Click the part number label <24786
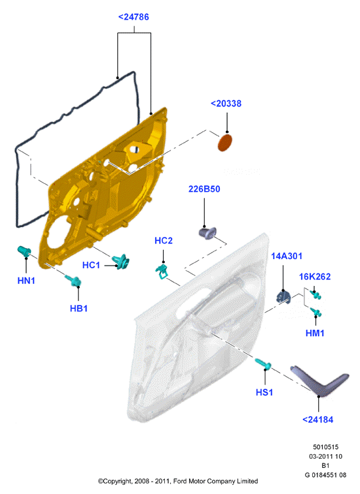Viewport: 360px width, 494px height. (134, 17)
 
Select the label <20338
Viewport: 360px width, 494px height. (226, 103)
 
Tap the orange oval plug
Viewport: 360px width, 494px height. (225, 143)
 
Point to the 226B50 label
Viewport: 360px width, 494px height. (204, 189)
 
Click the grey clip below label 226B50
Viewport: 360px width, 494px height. (207, 233)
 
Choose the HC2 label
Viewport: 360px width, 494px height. (164, 241)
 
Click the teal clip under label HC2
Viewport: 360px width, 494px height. (162, 272)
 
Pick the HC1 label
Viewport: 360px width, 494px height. (91, 265)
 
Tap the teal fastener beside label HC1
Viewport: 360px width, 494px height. (120, 262)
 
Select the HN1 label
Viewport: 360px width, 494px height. (26, 281)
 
